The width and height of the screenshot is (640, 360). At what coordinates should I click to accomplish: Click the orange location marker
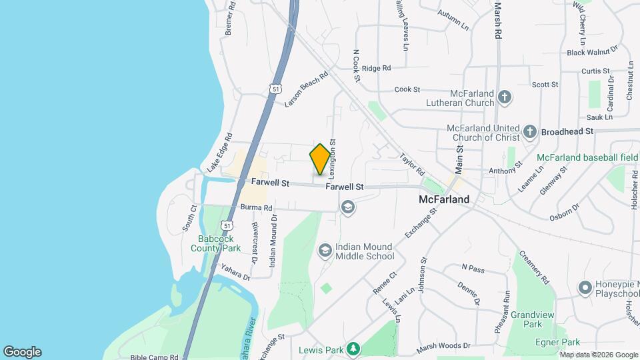click(x=321, y=159)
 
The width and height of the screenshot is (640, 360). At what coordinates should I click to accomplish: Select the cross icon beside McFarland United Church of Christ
click(x=530, y=131)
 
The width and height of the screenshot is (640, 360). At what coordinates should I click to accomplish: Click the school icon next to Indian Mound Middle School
click(x=325, y=251)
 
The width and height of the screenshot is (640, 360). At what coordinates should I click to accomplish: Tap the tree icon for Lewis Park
click(x=353, y=349)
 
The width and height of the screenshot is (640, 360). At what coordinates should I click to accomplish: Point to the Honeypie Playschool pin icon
click(x=585, y=288)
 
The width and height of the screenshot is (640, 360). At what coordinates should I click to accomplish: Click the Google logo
click(x=22, y=352)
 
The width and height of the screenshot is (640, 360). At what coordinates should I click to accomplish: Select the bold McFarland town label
click(x=444, y=199)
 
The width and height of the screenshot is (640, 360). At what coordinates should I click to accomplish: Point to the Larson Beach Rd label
click(x=307, y=89)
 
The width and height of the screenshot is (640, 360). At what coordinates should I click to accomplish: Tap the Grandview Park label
click(x=533, y=319)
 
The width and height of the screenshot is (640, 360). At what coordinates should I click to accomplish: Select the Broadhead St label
click(x=567, y=131)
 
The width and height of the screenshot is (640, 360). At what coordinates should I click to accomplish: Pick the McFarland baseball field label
click(x=587, y=158)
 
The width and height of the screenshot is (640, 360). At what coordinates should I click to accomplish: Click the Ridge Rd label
click(x=376, y=68)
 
